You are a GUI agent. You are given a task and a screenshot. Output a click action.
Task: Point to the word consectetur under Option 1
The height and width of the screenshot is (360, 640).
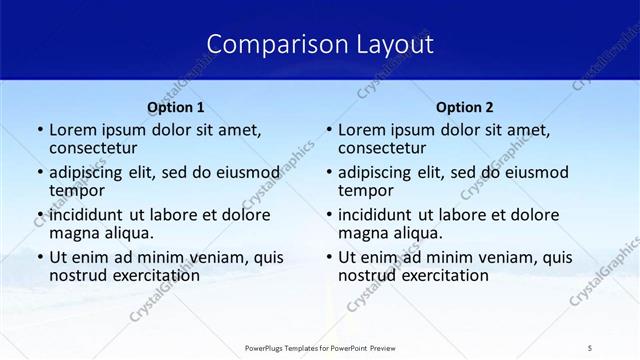pyautogui.click(x=96, y=148)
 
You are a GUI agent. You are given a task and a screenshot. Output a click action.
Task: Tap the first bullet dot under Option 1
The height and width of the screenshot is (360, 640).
pyautogui.click(x=39, y=131)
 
